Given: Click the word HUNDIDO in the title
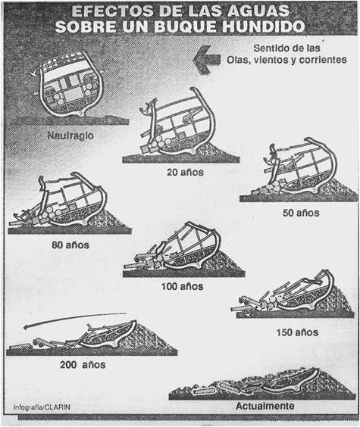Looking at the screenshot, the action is pos(264,26).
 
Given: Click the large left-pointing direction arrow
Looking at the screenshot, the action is pos(207,60).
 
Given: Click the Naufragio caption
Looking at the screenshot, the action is pos(70,136).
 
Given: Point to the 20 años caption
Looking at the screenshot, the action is pos(186,172).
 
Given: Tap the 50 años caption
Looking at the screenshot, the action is pos(301,213).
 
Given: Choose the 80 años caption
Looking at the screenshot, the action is pos(70,245).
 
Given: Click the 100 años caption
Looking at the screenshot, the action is pos(182,286).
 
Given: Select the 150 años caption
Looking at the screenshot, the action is pos(297,332).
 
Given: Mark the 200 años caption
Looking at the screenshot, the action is pos(83,365).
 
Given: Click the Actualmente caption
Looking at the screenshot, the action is pos(265,406).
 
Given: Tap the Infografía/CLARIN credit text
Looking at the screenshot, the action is pos(42,407).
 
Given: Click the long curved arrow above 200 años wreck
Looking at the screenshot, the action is pos(74,318).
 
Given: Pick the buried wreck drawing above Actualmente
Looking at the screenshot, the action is pos(261,384).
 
